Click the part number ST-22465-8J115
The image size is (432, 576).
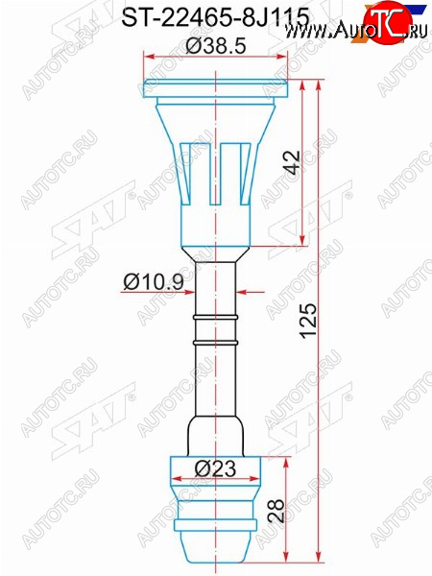tap(215, 17)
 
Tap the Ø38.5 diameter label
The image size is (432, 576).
tap(216, 46)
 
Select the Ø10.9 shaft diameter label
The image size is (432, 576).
tap(154, 282)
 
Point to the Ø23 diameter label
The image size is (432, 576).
tap(215, 468)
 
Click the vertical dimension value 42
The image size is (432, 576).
tap(293, 162)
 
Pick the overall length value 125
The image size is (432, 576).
tap(308, 320)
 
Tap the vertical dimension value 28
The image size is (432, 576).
tap(276, 511)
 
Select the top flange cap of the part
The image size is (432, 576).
tap(216, 88)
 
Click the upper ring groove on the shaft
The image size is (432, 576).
tap(216, 317)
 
